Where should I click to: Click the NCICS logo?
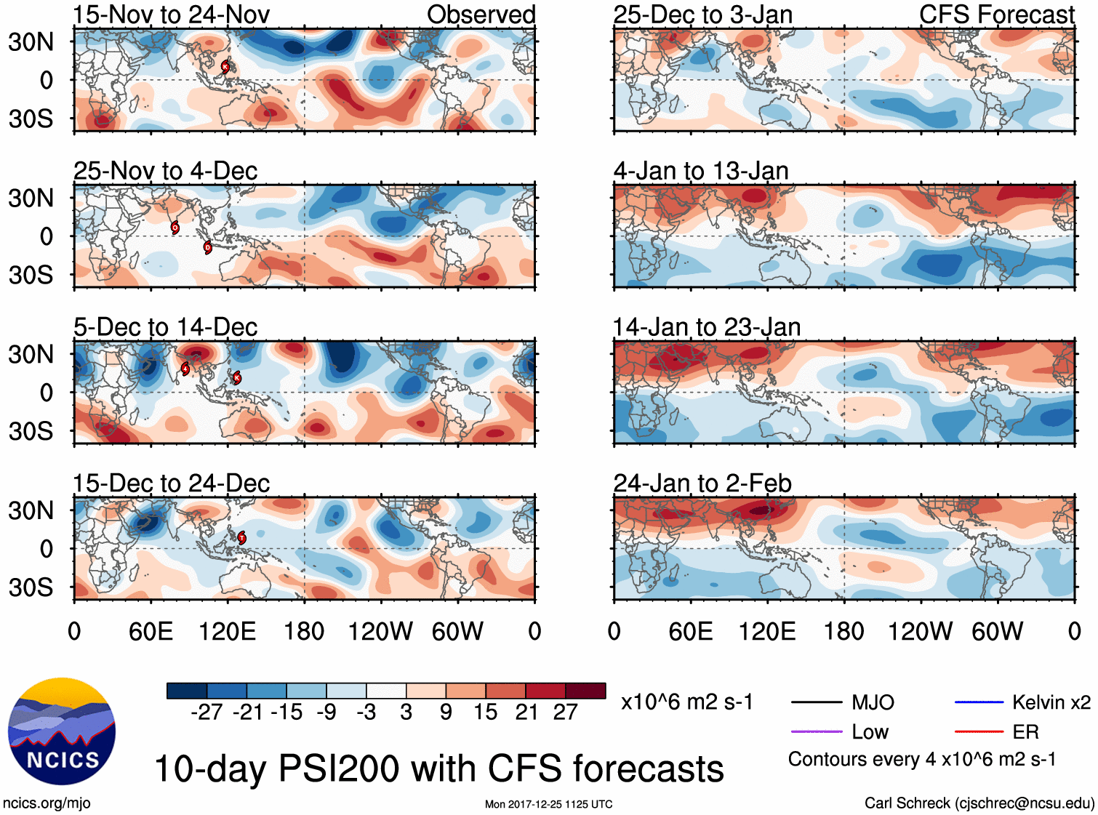pos(62,731)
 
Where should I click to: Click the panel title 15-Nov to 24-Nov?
pos(171,15)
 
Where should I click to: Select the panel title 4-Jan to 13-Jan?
pos(701,171)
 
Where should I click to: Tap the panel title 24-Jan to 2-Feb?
pos(702,483)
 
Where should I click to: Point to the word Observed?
pos(481,15)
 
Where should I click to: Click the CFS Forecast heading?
pos(996,15)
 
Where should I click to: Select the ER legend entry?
pos(1025,732)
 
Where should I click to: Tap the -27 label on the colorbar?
pos(207,712)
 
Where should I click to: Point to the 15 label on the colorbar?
pos(486,712)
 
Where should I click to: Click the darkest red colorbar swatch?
pos(585,691)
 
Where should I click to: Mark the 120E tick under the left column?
pos(228,631)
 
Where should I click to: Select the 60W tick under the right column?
pos(998,631)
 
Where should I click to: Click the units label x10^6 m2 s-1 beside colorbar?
pos(686,702)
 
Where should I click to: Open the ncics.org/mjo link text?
pos(47,803)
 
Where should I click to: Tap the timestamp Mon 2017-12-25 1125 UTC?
pos(548,804)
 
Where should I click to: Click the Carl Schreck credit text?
pos(979,803)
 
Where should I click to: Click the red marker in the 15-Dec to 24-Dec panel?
pos(242,538)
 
